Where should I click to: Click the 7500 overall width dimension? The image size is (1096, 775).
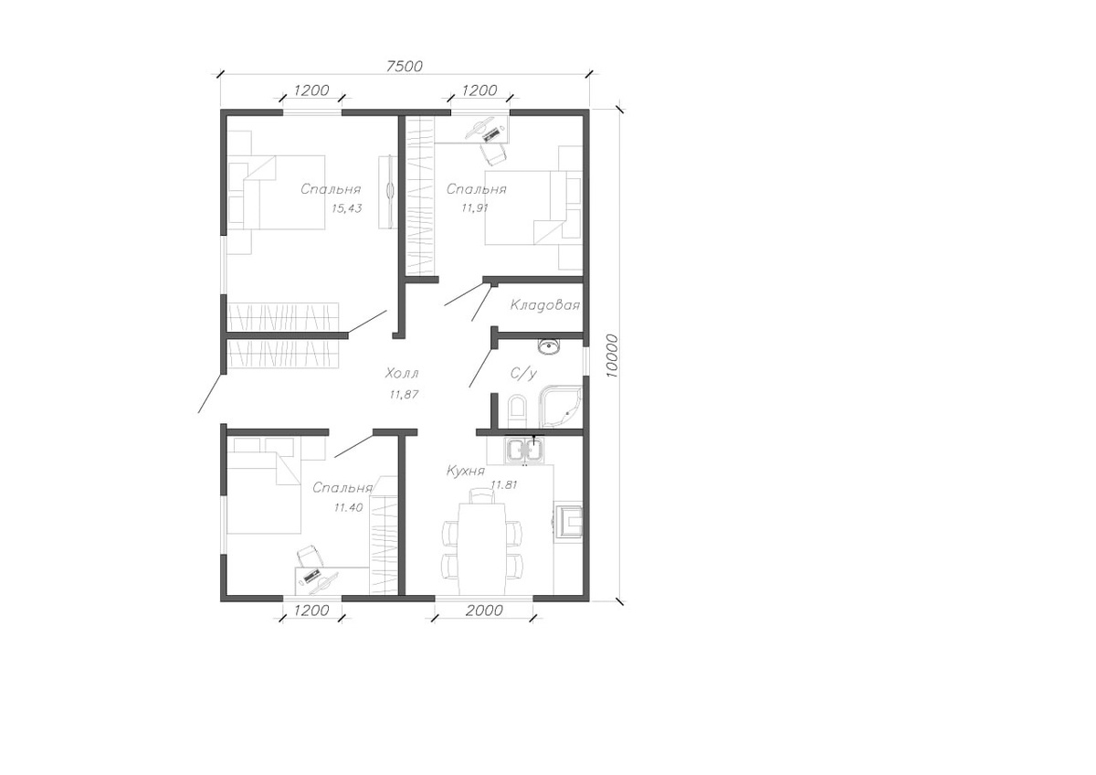[404, 66]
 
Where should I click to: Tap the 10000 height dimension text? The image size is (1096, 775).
[612, 356]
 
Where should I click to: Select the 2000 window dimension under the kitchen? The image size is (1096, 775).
[484, 610]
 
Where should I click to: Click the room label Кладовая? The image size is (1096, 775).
[544, 305]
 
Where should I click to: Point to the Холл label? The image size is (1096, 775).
[402, 374]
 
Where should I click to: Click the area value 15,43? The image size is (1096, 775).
[346, 208]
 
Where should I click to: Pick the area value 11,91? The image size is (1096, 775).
[475, 207]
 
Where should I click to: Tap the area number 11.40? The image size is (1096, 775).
[348, 508]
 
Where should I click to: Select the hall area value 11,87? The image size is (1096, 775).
[404, 394]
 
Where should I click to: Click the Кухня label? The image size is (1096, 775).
[465, 471]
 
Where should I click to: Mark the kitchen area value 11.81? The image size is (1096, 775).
[504, 485]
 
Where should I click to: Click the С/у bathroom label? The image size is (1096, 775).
[523, 374]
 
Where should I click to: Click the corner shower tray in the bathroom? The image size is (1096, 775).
[560, 408]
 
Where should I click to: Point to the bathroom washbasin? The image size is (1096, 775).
[550, 346]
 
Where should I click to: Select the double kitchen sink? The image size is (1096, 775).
[524, 451]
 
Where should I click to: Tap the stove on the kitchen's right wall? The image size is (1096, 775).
[568, 522]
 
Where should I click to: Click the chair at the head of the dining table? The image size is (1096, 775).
[482, 496]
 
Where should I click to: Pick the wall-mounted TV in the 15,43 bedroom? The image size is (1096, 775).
[389, 191]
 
